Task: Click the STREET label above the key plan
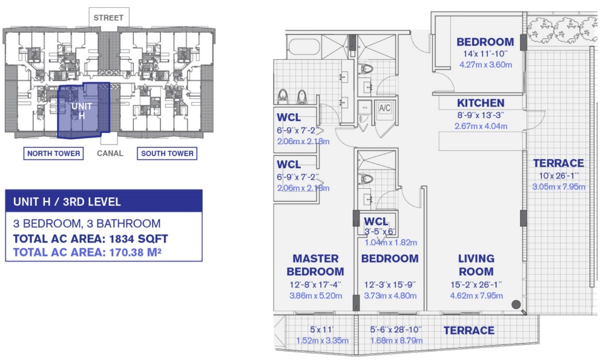coord(108,18)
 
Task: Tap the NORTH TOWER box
coord(54,154)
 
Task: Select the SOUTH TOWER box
coord(167,154)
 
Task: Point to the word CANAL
coord(110,154)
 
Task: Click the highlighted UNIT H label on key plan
coord(82,111)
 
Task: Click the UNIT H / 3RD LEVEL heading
coord(67,202)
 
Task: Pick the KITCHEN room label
coord(481,103)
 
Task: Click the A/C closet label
coord(384,108)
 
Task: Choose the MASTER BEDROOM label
coord(315,265)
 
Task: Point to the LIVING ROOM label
coord(476,265)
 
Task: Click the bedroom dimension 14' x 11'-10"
coord(485,54)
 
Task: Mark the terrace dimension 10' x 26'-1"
coord(559,175)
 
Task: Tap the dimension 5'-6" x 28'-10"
coord(396,330)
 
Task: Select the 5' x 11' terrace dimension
coord(322,330)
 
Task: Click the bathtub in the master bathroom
coord(304,48)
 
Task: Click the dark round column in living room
coord(516,305)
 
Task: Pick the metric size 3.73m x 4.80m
coord(390,296)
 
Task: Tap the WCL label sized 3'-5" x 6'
coord(376,221)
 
